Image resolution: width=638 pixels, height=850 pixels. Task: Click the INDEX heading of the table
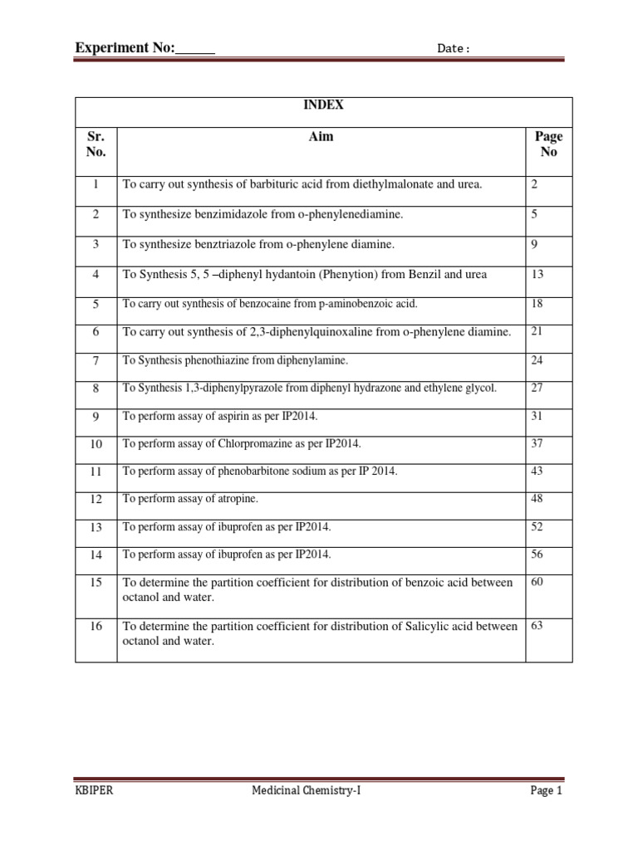click(324, 105)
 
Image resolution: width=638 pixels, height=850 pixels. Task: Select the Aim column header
click(321, 136)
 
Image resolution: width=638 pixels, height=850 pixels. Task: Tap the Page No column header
click(548, 144)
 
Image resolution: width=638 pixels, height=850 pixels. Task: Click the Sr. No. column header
click(96, 144)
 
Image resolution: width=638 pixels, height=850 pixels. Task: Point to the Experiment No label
click(125, 48)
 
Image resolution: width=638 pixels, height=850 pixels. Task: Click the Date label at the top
click(454, 49)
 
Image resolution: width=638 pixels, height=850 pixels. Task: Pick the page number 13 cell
click(537, 274)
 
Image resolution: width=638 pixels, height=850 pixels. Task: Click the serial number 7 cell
click(96, 361)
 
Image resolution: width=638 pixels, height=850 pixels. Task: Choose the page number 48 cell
click(537, 498)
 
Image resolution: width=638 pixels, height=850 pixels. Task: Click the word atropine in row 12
click(236, 499)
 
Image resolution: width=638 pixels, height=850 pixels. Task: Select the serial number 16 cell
click(96, 627)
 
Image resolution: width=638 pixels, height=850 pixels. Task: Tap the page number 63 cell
click(537, 626)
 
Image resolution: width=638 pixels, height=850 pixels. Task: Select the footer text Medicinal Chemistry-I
click(307, 791)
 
